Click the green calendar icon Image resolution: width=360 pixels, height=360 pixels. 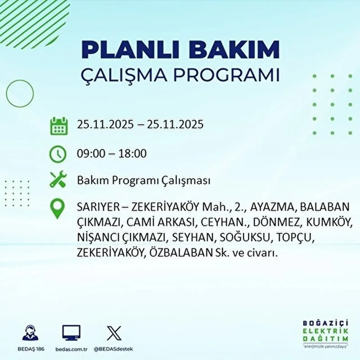point(59,126)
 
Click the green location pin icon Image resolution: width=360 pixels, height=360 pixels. point(57,209)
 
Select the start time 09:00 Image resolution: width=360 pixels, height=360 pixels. point(91,154)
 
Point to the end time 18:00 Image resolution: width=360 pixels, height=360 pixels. point(132,154)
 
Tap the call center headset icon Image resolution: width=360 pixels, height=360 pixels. point(30,333)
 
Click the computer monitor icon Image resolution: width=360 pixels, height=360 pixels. point(71,333)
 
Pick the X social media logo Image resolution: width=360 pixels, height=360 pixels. point(114,333)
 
